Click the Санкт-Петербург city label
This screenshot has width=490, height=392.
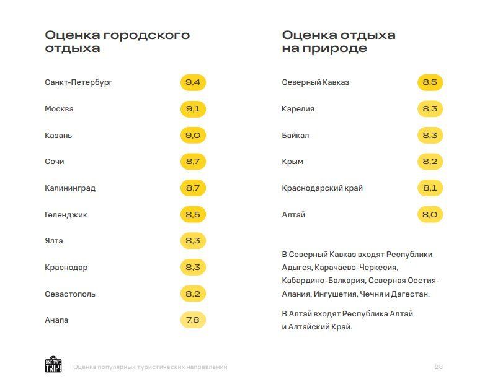pyautogui.click(x=79, y=82)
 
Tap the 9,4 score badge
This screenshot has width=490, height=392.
pyautogui.click(x=193, y=82)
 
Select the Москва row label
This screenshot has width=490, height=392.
pyautogui.click(x=59, y=109)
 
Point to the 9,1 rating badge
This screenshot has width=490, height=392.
pyautogui.click(x=193, y=109)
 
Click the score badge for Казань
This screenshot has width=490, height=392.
pyautogui.click(x=193, y=136)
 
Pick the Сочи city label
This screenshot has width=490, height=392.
pyautogui.click(x=55, y=162)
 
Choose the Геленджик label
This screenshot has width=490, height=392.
pyautogui.click(x=66, y=215)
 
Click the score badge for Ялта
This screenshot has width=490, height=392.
pyautogui.click(x=193, y=241)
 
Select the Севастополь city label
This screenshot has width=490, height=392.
pyautogui.click(x=70, y=294)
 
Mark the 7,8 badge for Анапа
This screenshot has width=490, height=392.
pyautogui.click(x=193, y=320)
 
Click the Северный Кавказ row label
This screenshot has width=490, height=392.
pyautogui.click(x=315, y=82)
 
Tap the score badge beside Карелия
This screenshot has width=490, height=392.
pyautogui.click(x=430, y=109)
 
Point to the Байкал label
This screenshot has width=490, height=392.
pyautogui.click(x=295, y=136)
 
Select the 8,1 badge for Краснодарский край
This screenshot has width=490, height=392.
pyautogui.click(x=430, y=188)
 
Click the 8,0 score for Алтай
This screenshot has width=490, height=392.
pyautogui.click(x=430, y=215)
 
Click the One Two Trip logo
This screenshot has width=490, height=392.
pyautogui.click(x=53, y=365)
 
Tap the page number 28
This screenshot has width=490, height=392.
pyautogui.click(x=439, y=367)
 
